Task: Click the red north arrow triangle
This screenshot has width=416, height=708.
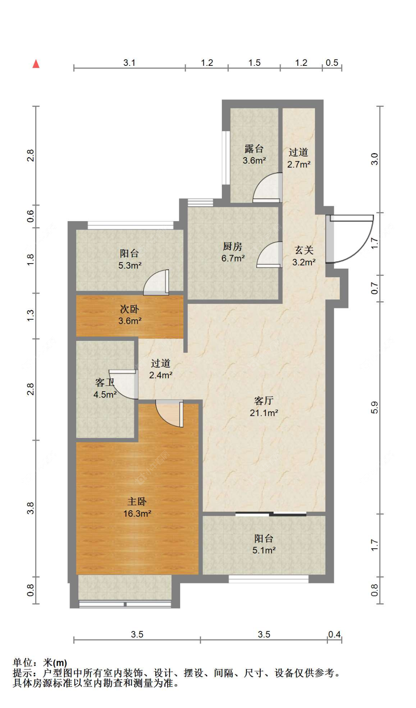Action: [x=36, y=64]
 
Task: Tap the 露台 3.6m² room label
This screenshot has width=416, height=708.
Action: [x=254, y=155]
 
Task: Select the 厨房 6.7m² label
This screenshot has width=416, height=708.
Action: [x=233, y=252]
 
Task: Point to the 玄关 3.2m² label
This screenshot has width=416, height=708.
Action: [x=304, y=256]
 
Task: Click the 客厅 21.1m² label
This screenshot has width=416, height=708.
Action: [x=264, y=407]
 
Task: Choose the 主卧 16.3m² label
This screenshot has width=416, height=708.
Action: [x=137, y=507]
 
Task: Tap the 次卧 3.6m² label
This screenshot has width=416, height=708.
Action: [x=129, y=315]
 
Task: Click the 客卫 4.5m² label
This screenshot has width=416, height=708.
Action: [x=105, y=388]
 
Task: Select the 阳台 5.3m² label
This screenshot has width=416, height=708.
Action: [x=130, y=259]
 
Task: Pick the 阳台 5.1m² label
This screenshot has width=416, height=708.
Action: [x=264, y=544]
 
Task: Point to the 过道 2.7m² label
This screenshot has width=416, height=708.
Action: [x=299, y=158]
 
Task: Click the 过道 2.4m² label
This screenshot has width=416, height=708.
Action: [x=161, y=369]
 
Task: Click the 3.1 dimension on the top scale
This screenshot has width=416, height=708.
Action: [x=129, y=62]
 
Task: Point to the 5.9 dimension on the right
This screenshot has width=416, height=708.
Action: [x=374, y=407]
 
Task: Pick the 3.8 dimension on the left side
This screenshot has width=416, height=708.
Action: [x=30, y=508]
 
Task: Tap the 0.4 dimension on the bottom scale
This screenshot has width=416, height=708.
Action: [x=334, y=634]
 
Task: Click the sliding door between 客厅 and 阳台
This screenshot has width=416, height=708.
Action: [x=271, y=514]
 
